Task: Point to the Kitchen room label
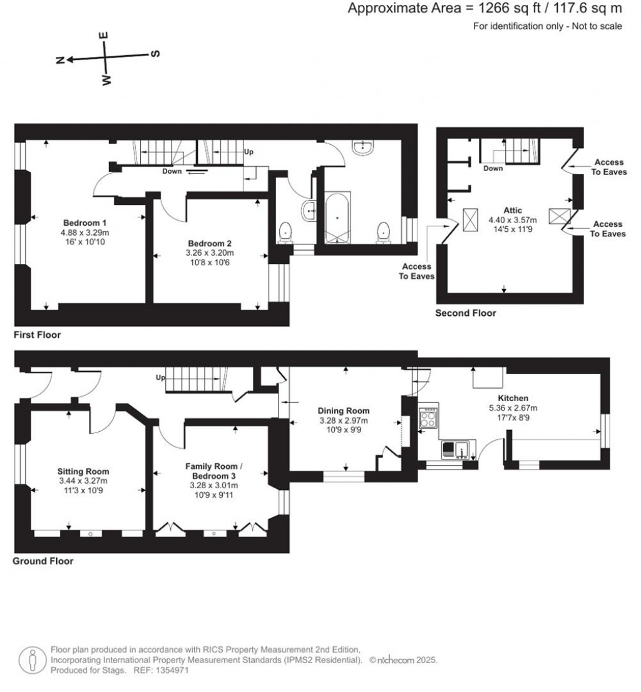tap(513, 398)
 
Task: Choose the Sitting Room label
tap(83, 471)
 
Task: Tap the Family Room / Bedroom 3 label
tap(211, 471)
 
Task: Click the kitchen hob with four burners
tap(429, 417)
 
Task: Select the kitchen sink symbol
tap(459, 449)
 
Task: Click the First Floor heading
tap(38, 335)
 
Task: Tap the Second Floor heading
tap(466, 313)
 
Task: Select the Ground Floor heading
tap(43, 561)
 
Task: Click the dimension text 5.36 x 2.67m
tap(513, 408)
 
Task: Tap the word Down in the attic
tap(493, 169)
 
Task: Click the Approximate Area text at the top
tap(485, 8)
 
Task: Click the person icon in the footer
tap(31, 659)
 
